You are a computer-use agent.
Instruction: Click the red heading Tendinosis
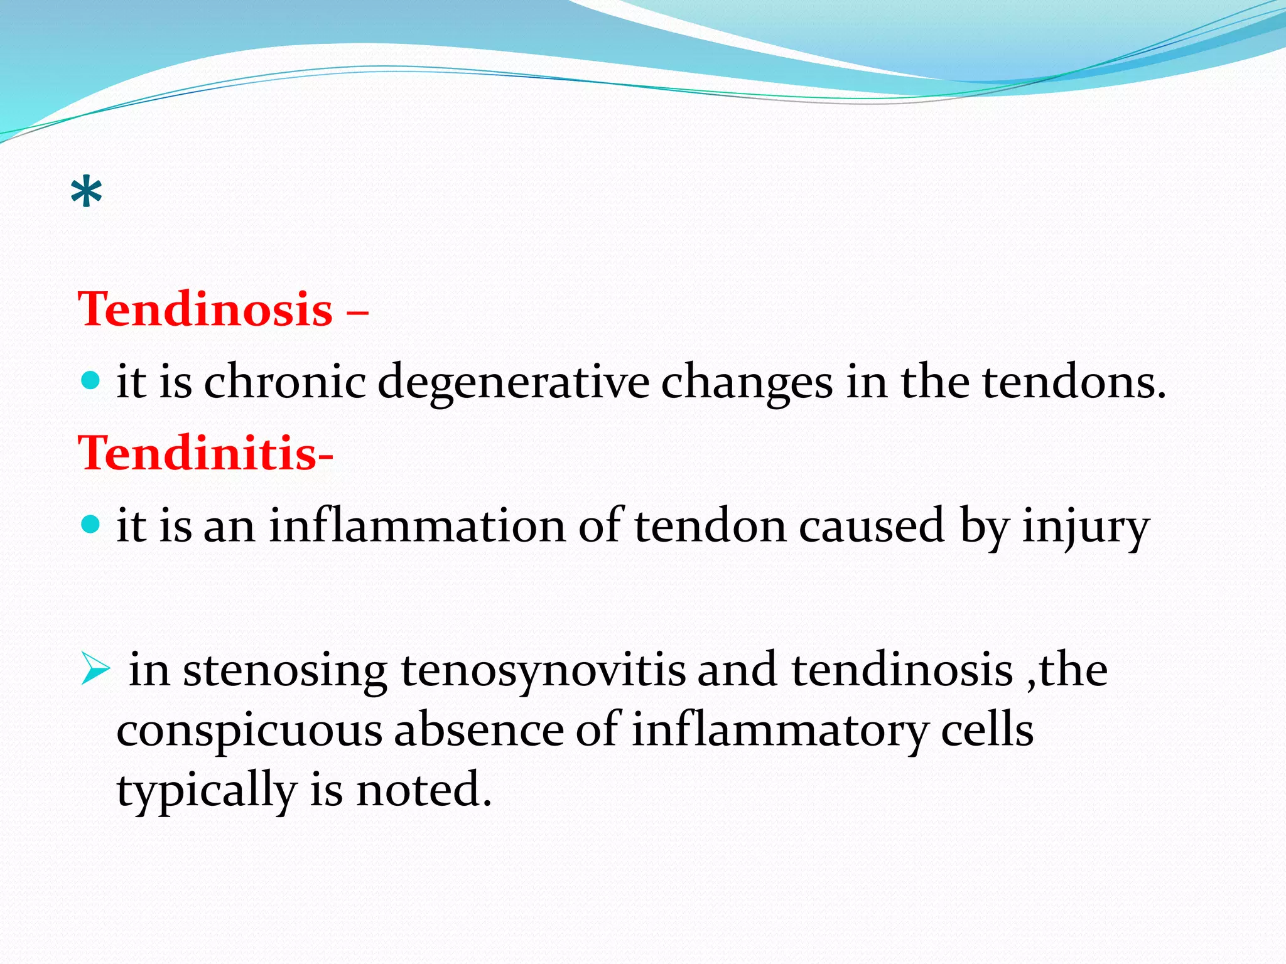click(x=205, y=309)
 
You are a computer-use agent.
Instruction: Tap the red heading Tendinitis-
click(x=205, y=453)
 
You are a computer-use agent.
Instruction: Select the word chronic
click(x=284, y=382)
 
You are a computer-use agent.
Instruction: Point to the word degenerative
click(x=513, y=383)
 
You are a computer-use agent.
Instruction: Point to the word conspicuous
click(x=249, y=732)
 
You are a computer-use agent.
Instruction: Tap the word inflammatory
click(x=779, y=732)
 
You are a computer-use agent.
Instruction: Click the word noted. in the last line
click(x=424, y=790)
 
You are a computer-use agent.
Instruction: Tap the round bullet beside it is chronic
click(x=91, y=380)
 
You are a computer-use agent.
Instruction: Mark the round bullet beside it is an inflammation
click(x=91, y=524)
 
